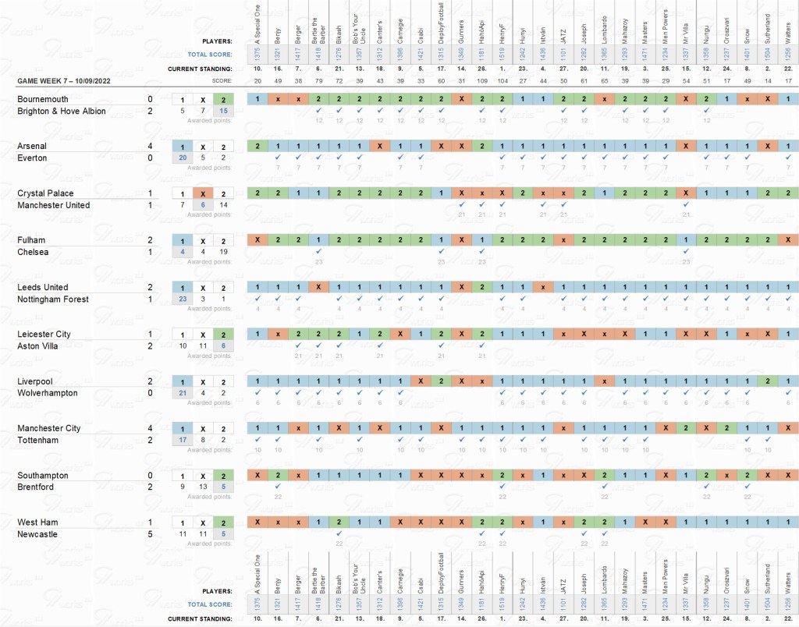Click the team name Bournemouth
(x=43, y=99)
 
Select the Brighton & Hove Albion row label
(x=61, y=112)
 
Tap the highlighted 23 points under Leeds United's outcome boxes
(x=182, y=299)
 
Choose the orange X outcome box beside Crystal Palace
(x=202, y=193)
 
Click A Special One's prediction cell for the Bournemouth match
(x=257, y=99)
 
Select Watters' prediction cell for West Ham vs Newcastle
(x=788, y=522)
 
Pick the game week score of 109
(x=482, y=81)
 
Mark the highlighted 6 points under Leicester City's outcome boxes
(x=223, y=346)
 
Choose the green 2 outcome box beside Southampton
(x=223, y=476)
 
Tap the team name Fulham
(x=32, y=240)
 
